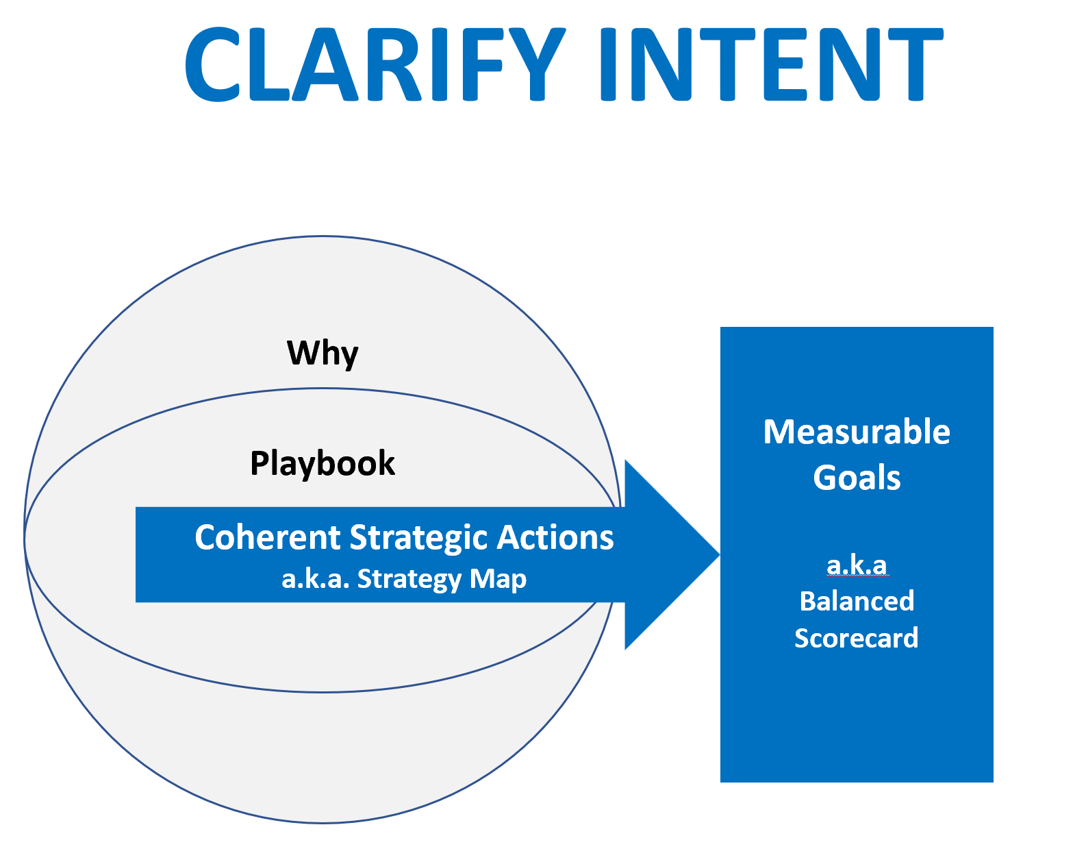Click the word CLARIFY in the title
375,64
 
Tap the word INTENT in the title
772,64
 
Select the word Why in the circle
323,354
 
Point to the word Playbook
323,464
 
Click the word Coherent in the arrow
268,537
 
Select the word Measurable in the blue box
857,432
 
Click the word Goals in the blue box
857,478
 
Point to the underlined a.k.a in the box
857,565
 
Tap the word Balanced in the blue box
857,601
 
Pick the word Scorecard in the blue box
857,638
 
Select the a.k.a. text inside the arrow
316,580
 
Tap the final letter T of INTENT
916,64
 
